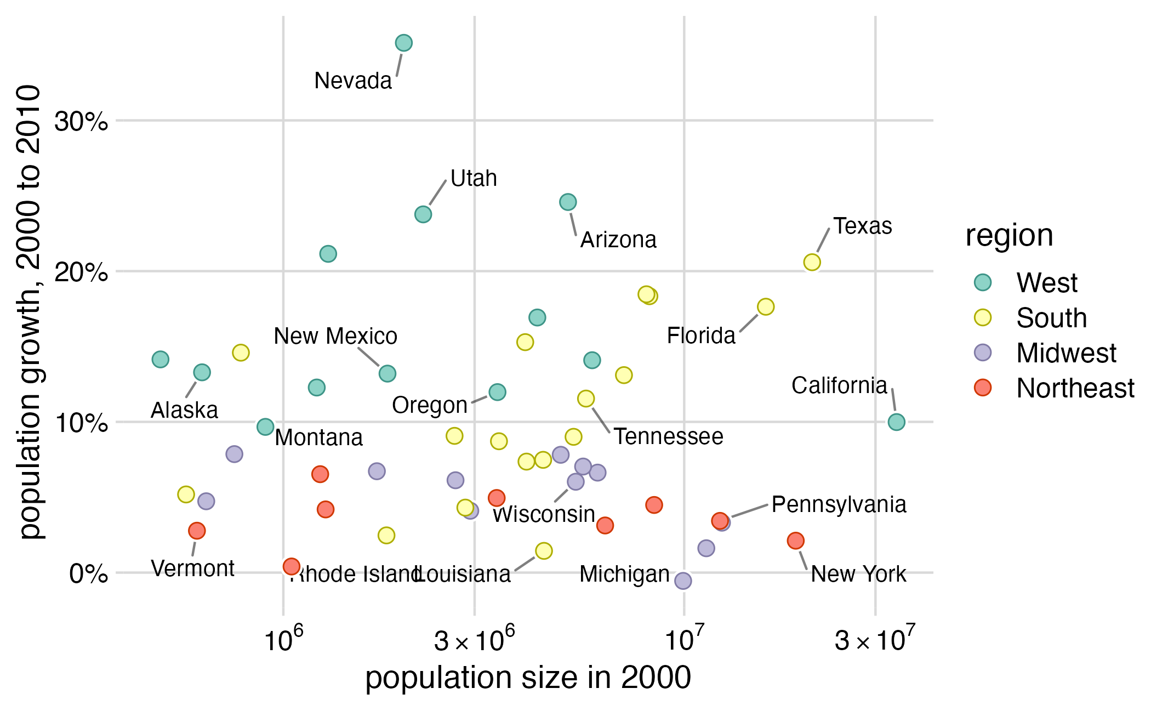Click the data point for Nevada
coord(403,43)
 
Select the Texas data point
coord(812,263)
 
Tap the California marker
coord(896,422)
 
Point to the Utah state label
coord(474,179)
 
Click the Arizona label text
coord(618,240)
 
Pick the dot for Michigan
coord(683,581)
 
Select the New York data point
coord(795,541)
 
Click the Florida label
coord(701,336)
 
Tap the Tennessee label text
coord(668,437)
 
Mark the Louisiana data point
coord(544,550)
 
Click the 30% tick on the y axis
coord(81,121)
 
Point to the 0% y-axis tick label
coord(88,574)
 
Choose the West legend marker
coord(983,282)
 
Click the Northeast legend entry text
coord(1075,388)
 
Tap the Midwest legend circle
coord(983,352)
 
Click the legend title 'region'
coord(1009,236)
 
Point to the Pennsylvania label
coord(839,505)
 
